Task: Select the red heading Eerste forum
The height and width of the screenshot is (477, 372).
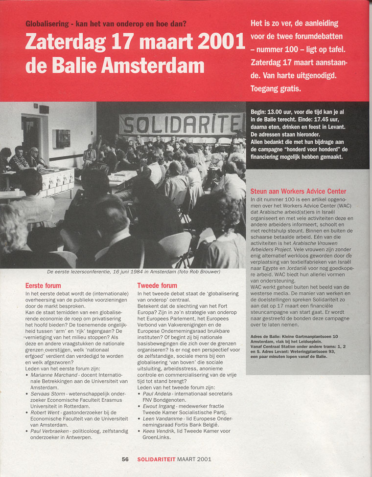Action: [x=43, y=285]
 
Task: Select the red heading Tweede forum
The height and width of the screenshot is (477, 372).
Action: [x=157, y=285]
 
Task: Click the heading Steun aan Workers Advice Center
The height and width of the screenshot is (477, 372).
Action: [x=298, y=191]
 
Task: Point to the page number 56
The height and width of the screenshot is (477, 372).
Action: [x=125, y=459]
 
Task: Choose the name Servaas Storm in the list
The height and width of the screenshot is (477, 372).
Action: [x=48, y=394]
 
